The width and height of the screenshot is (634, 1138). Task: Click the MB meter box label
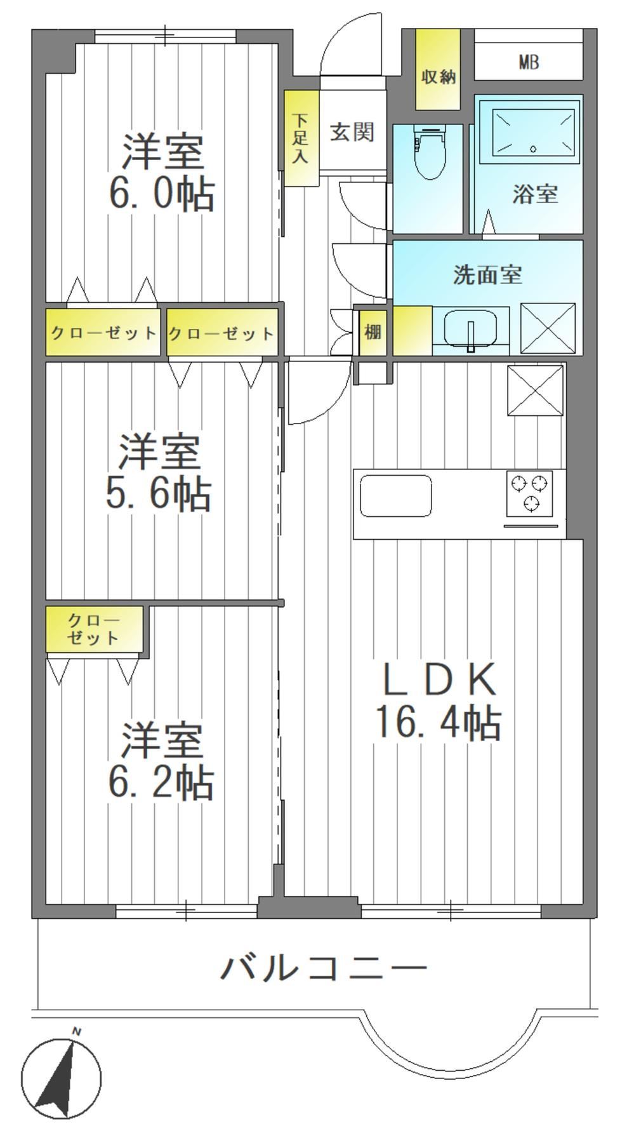tap(529, 62)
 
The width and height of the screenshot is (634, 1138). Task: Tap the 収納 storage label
tap(439, 77)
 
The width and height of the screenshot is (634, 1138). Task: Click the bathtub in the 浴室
tap(533, 131)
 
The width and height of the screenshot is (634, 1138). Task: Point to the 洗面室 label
tap(487, 274)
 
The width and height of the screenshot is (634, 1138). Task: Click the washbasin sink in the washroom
tap(470, 329)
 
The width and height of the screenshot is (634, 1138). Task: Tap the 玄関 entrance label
tap(352, 132)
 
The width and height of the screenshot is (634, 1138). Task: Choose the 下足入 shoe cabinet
tap(301, 138)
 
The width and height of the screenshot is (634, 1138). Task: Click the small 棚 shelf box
tap(373, 331)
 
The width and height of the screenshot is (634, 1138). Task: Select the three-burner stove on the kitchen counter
tap(529, 493)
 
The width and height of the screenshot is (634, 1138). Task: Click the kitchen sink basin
tap(396, 495)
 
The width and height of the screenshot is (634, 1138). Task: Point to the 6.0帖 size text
tap(161, 194)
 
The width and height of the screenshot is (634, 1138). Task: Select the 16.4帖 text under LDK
tap(439, 723)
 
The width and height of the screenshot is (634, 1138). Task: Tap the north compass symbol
tap(61, 1078)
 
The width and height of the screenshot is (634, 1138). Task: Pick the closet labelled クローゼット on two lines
tap(94, 629)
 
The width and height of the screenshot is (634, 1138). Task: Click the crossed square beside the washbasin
tap(548, 328)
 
